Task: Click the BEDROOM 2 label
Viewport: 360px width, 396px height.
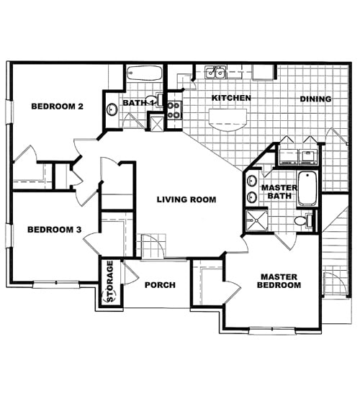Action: click(58, 107)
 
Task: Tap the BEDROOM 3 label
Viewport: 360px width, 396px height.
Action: click(54, 230)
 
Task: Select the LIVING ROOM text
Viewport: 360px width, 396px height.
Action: click(186, 200)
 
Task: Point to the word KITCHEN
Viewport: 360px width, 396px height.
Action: click(230, 98)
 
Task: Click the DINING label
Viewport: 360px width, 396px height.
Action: click(315, 99)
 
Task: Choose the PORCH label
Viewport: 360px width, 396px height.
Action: click(160, 285)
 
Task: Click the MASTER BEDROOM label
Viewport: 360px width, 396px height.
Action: click(280, 281)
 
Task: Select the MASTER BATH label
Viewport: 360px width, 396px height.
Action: click(274, 192)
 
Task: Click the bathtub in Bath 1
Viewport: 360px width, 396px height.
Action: click(146, 73)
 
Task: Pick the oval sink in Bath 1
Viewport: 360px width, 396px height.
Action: click(112, 110)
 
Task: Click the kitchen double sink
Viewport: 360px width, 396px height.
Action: click(215, 72)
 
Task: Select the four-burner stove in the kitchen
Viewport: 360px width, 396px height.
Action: click(174, 109)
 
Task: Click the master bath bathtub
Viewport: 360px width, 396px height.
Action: click(307, 189)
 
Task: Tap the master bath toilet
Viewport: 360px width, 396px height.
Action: click(304, 220)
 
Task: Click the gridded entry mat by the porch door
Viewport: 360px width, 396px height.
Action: click(152, 247)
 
